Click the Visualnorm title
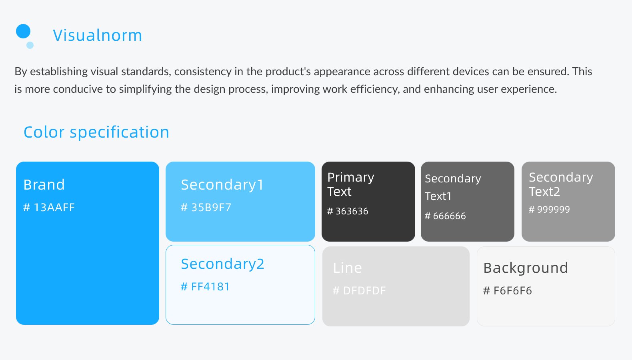pos(97,35)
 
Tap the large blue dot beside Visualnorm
pos(23,31)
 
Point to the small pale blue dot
pos(30,45)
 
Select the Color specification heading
pos(96,132)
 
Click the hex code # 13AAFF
pos(49,207)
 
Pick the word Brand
pos(44,185)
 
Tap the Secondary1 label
pos(222,185)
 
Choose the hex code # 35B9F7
pos(206,207)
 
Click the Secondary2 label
pos(223,264)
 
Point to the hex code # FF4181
pos(205,287)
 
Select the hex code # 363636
pos(348,211)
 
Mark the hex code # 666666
pos(445,216)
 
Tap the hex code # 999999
pos(549,209)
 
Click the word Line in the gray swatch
pos(347,268)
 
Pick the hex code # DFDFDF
pos(359,290)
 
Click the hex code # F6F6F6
pos(508,290)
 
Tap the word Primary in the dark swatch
pos(351,178)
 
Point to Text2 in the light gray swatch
pos(544,192)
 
